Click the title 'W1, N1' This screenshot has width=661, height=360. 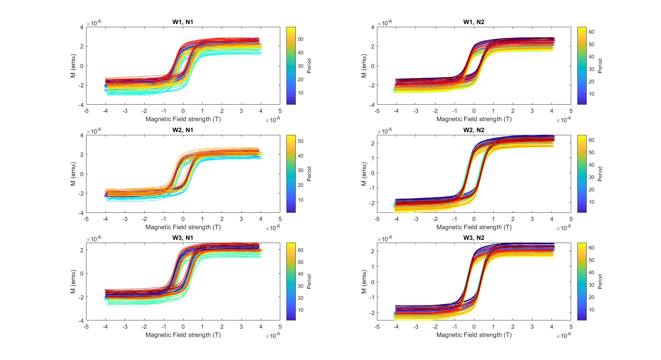[183, 22]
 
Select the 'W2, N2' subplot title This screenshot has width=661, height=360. [474, 130]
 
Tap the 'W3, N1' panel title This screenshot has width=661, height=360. [183, 238]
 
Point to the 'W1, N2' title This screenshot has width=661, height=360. [474, 22]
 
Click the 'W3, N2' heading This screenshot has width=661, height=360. [474, 238]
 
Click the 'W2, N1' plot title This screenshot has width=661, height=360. [183, 130]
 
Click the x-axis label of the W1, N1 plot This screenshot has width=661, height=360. [183, 119]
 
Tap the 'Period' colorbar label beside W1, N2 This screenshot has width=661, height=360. [600, 66]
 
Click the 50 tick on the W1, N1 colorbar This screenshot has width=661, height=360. [300, 39]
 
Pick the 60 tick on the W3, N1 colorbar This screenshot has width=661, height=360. [300, 250]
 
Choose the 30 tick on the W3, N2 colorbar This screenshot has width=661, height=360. [591, 285]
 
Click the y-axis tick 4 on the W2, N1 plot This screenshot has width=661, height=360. [82, 135]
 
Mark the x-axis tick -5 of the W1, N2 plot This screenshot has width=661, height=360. [377, 111]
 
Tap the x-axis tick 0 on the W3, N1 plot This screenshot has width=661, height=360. [183, 327]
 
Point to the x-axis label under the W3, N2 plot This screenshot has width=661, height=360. [474, 335]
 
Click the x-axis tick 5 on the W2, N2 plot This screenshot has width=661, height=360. [571, 219]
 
